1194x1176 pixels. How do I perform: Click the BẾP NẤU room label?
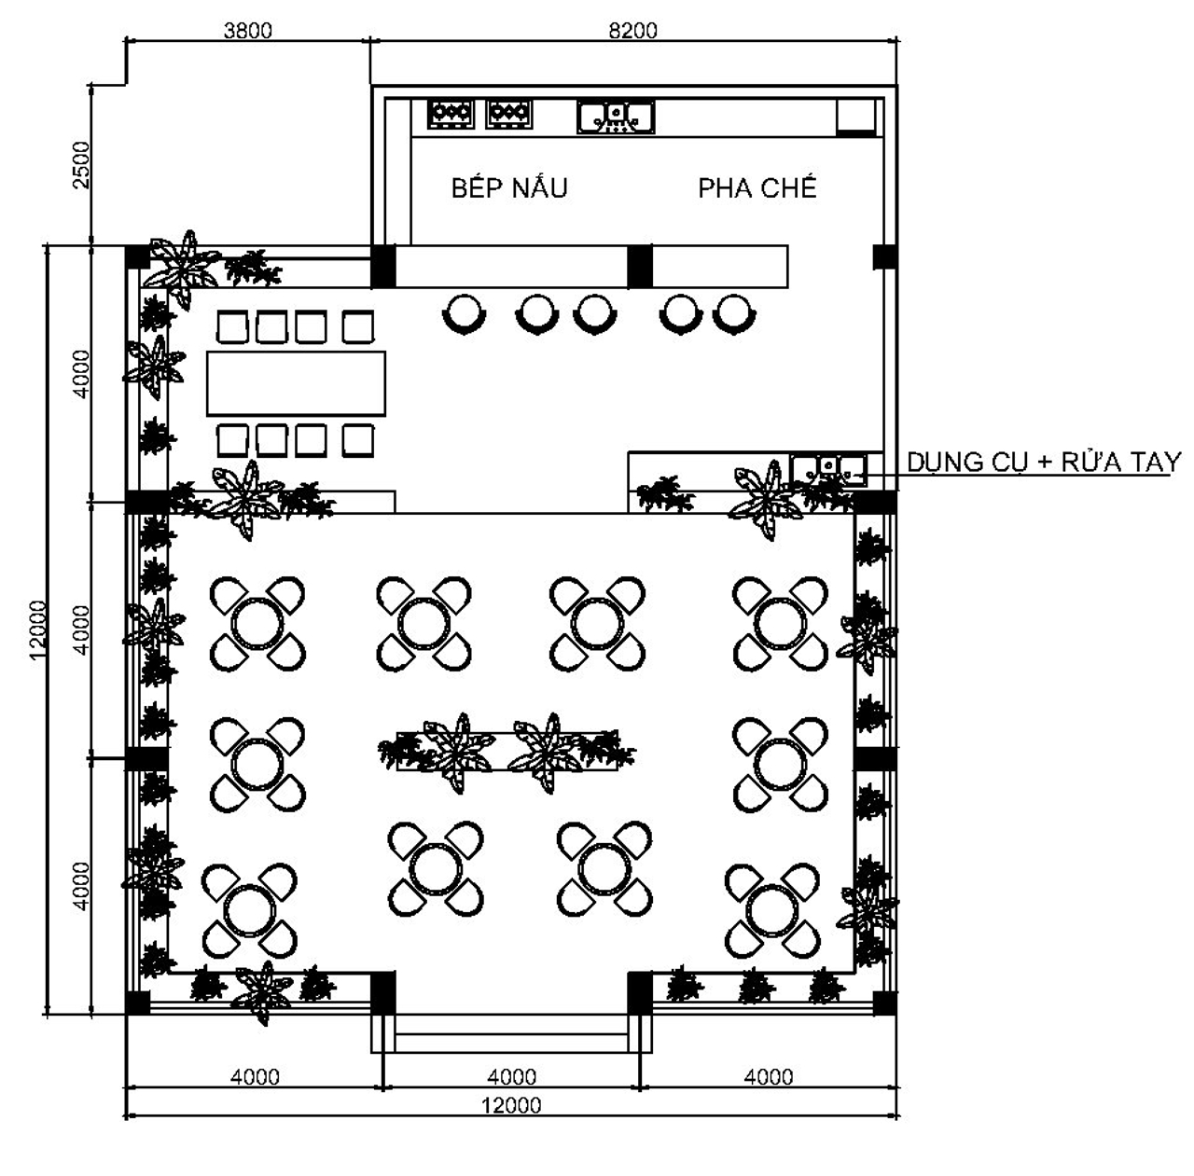coord(509,187)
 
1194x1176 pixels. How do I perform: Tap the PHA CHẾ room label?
coord(757,187)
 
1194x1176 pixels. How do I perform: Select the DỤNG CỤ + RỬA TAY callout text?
coord(1044,463)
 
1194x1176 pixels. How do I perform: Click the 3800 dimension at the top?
coord(248,31)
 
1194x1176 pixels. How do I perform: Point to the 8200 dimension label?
coord(632,31)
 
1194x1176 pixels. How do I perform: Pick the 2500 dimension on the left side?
coord(81,165)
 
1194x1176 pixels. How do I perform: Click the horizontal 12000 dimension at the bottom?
coord(511,1105)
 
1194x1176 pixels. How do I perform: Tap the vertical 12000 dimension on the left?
coord(38,630)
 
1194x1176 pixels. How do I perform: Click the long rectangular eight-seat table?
coord(297,383)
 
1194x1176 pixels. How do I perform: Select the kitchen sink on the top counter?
coord(616,118)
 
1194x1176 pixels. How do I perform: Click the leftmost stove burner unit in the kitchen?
coord(451,114)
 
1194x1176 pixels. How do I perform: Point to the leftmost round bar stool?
coord(465,313)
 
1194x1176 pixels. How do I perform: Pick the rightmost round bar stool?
coord(734,313)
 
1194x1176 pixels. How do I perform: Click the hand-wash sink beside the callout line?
coord(828,469)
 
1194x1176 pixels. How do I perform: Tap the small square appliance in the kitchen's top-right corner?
coord(855,117)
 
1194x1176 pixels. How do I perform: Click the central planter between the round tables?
coord(507,751)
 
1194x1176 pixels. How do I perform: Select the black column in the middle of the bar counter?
coord(640,267)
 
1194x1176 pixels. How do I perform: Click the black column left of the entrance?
coord(383,992)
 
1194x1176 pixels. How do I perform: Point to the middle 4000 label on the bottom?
coord(512,1077)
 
